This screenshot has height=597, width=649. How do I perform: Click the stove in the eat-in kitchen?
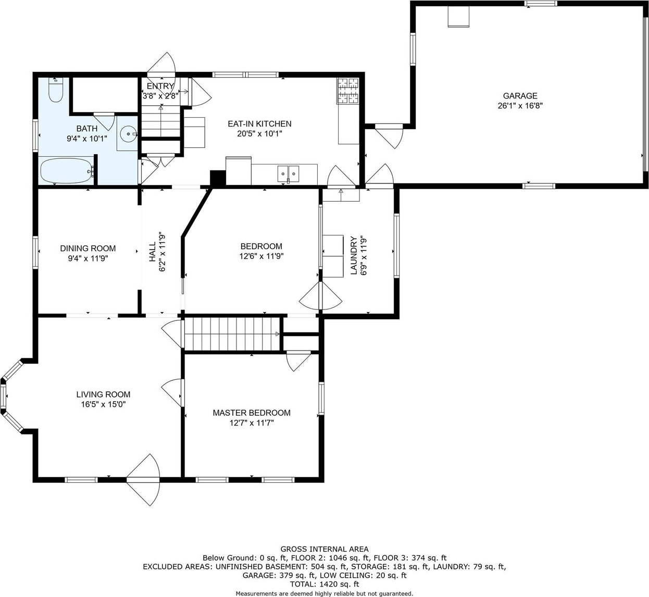tap(348, 91)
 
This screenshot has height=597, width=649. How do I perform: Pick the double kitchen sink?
tap(288, 174)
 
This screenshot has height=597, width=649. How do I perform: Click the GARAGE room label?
tap(520, 95)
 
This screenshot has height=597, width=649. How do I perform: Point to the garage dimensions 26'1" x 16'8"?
tap(520, 105)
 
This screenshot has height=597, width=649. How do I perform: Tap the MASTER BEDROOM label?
tap(252, 413)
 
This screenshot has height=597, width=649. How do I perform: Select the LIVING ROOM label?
tap(103, 394)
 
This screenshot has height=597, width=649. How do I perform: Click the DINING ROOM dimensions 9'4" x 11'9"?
tap(88, 258)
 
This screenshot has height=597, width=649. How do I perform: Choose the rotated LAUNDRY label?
tap(354, 255)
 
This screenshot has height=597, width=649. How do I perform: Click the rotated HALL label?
tap(153, 252)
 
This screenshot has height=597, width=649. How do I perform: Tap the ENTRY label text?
tap(160, 86)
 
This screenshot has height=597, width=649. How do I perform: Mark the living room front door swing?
tap(143, 480)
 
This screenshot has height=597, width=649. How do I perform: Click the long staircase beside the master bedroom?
tap(232, 333)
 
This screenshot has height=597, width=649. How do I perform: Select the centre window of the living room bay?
tap(3, 396)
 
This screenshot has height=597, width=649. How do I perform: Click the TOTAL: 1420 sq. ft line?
tap(324, 584)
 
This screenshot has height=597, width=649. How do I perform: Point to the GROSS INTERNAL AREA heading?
tap(324, 549)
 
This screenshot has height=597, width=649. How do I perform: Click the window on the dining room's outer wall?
tap(35, 252)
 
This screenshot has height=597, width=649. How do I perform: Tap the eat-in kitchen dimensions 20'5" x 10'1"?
tap(259, 134)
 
